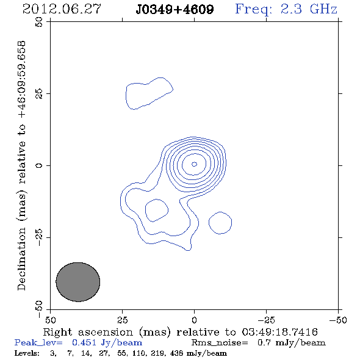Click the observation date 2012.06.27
pos(62,9)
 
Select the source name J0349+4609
pos(175,9)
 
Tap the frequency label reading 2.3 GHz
pos(309,9)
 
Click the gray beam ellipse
pos(78,282)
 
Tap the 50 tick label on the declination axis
pos(39,22)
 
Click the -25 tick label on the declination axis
pos(39,237)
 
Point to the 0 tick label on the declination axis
pos(39,165)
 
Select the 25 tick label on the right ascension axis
pos(122,320)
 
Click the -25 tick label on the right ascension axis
pos(266,320)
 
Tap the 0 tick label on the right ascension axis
pos(194,320)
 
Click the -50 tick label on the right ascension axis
pos(338,320)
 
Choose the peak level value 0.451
pos(84,342)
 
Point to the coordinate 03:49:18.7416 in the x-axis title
pos(280,332)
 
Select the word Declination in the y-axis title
pos(21,259)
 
